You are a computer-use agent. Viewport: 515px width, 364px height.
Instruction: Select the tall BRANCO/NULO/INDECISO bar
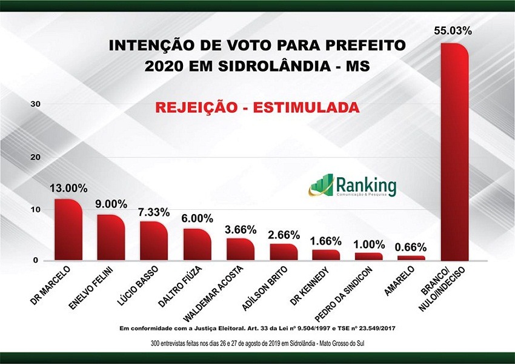pyautogui.click(x=454, y=152)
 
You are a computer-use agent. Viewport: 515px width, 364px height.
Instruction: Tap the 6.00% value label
pyautogui.click(x=198, y=218)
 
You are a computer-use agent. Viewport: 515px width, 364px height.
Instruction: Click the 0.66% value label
pyautogui.click(x=410, y=247)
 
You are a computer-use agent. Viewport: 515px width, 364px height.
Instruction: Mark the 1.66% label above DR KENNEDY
pyautogui.click(x=325, y=241)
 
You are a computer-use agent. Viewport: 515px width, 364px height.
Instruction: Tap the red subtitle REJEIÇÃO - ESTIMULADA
pyautogui.click(x=257, y=107)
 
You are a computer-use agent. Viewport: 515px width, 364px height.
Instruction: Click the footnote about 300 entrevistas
pyautogui.click(x=257, y=343)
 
